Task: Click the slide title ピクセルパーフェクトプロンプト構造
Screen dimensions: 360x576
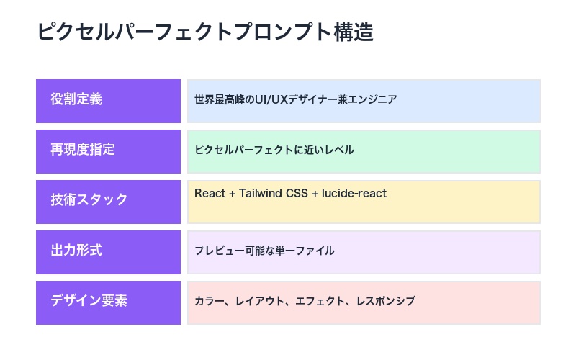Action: (205, 32)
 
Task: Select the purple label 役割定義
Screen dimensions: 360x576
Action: (76, 99)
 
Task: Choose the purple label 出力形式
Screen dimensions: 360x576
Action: (76, 251)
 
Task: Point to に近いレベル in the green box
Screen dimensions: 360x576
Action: (324, 150)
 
